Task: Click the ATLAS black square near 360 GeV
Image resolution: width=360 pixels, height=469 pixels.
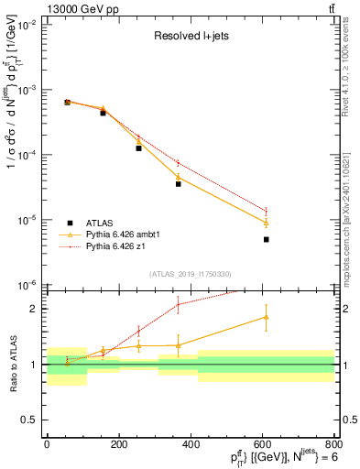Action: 178,183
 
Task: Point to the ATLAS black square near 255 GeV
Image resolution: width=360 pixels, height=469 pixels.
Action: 139,147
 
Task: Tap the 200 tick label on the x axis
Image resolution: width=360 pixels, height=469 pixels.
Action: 118,444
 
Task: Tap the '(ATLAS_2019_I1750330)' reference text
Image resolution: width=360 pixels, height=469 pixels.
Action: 190,274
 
